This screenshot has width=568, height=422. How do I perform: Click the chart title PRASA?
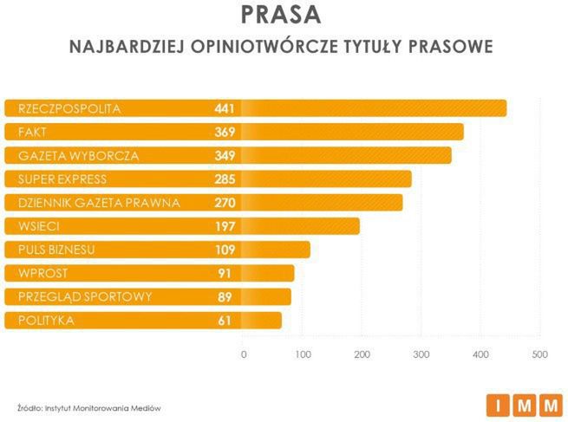280,15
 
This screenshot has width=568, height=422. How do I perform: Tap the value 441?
225,108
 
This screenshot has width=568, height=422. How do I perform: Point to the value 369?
225,132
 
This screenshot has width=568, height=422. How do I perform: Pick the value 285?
225,179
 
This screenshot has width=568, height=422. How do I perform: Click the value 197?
225,226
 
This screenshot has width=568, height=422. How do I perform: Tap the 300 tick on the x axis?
421,354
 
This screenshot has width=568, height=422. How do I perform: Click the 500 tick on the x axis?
539,354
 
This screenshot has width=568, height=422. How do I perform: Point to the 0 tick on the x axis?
244,354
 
